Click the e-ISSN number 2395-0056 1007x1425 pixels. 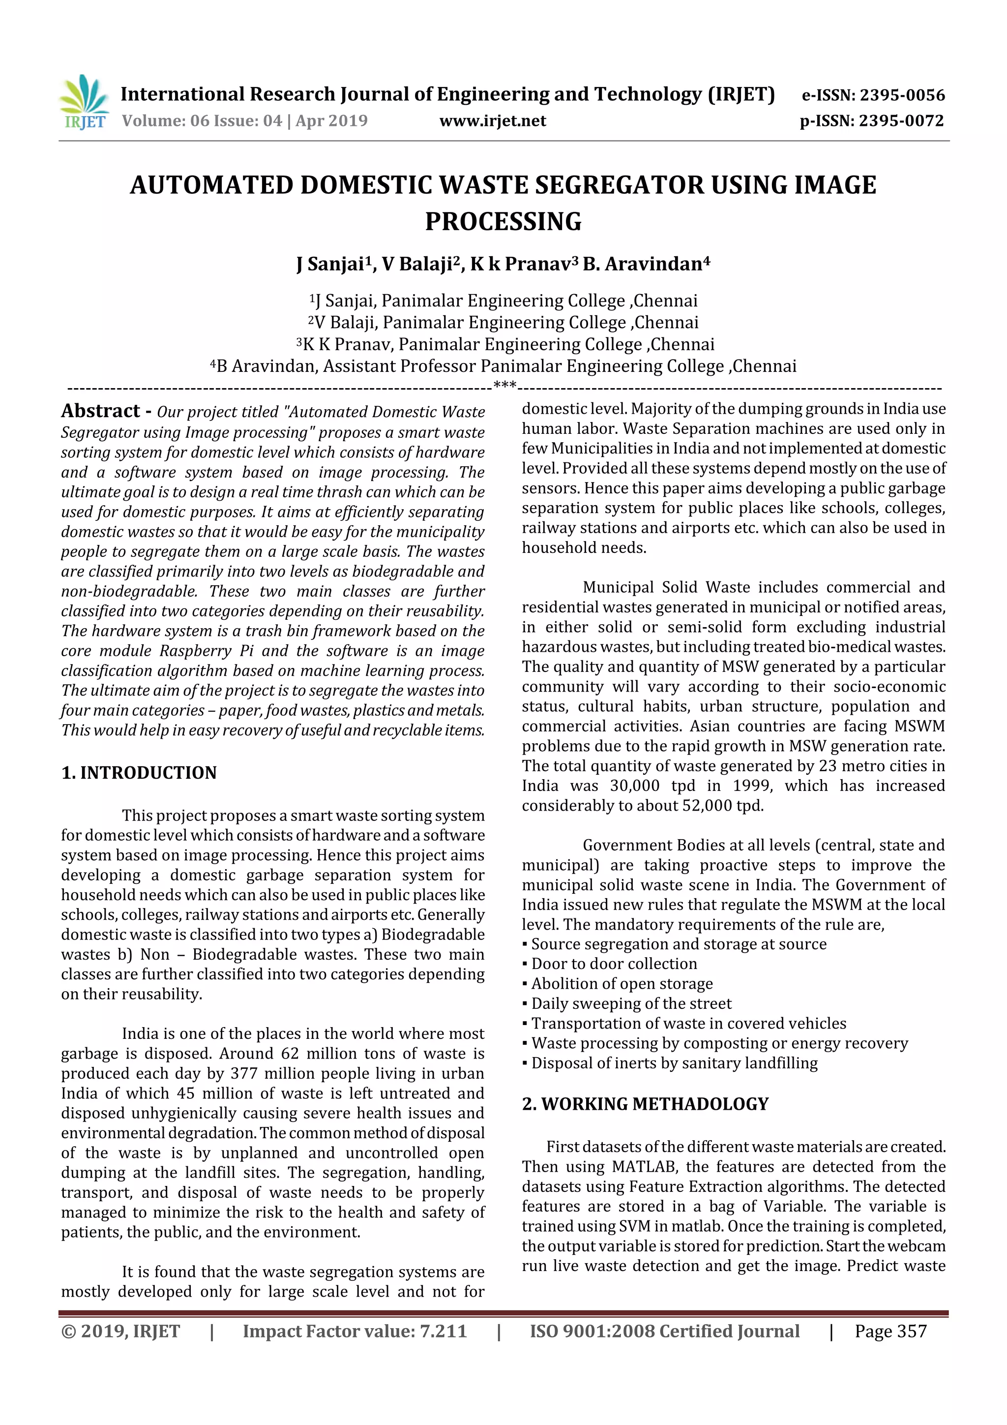pyautogui.click(x=901, y=95)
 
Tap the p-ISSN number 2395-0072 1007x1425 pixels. pyautogui.click(x=901, y=121)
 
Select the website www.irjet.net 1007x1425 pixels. pyautogui.click(x=493, y=121)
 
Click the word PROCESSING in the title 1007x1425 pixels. pyautogui.click(x=503, y=221)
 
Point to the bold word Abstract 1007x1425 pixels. pyautogui.click(x=100, y=411)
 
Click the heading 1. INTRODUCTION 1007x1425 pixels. pyautogui.click(x=139, y=773)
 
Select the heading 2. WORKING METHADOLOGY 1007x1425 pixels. pyautogui.click(x=645, y=1104)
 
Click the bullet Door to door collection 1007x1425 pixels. pyautogui.click(x=614, y=964)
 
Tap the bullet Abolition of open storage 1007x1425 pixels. pyautogui.click(x=622, y=984)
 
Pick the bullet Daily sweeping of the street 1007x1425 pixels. pyautogui.click(x=631, y=1003)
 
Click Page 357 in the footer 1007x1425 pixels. pyautogui.click(x=890, y=1331)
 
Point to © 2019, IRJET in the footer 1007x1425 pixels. pyautogui.click(x=120, y=1331)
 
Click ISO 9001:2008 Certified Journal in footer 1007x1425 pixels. pyautogui.click(x=664, y=1331)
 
